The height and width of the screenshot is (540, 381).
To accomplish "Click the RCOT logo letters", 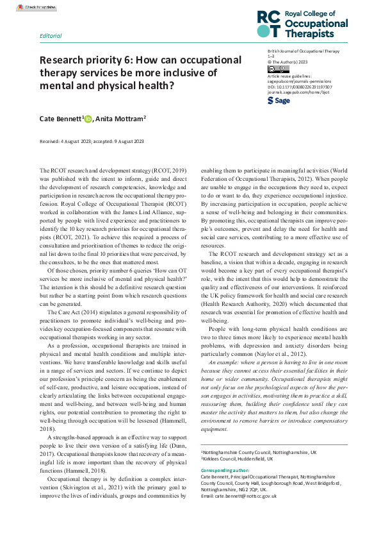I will pos(268,25).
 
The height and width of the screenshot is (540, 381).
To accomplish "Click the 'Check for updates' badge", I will pos(40,8).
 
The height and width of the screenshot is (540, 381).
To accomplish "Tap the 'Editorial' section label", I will pos(51,36).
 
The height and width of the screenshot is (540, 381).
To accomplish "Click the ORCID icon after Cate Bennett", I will pos(88,119).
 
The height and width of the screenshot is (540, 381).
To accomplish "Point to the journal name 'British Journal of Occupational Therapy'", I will pos(303,51).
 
